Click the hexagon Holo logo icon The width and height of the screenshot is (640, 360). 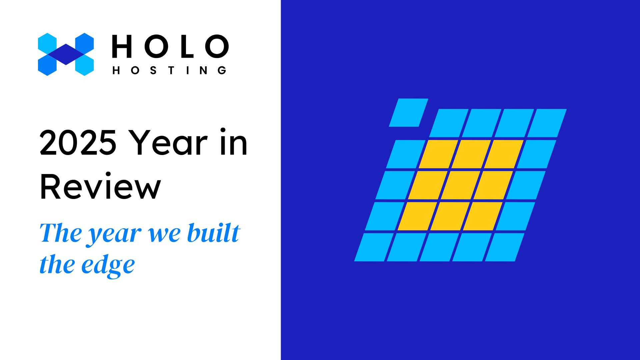point(66,54)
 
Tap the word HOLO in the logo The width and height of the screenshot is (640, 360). point(170,46)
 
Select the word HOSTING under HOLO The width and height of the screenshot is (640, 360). point(170,70)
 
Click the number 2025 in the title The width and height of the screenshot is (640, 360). point(78,143)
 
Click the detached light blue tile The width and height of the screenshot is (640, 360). point(409,113)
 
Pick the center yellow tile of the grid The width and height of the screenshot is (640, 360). point(461,185)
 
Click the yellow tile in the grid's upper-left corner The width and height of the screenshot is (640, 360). point(438,154)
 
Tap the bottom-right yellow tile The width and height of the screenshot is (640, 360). point(483,216)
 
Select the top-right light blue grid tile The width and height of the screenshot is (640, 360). point(547,123)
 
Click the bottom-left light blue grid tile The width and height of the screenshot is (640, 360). point(374,247)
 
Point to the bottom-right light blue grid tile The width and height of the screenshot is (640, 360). point(505,247)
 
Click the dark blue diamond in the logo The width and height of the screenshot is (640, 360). point(66,54)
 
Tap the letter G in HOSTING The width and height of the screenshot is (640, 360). point(222,70)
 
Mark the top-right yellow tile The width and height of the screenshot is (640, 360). point(504,154)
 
